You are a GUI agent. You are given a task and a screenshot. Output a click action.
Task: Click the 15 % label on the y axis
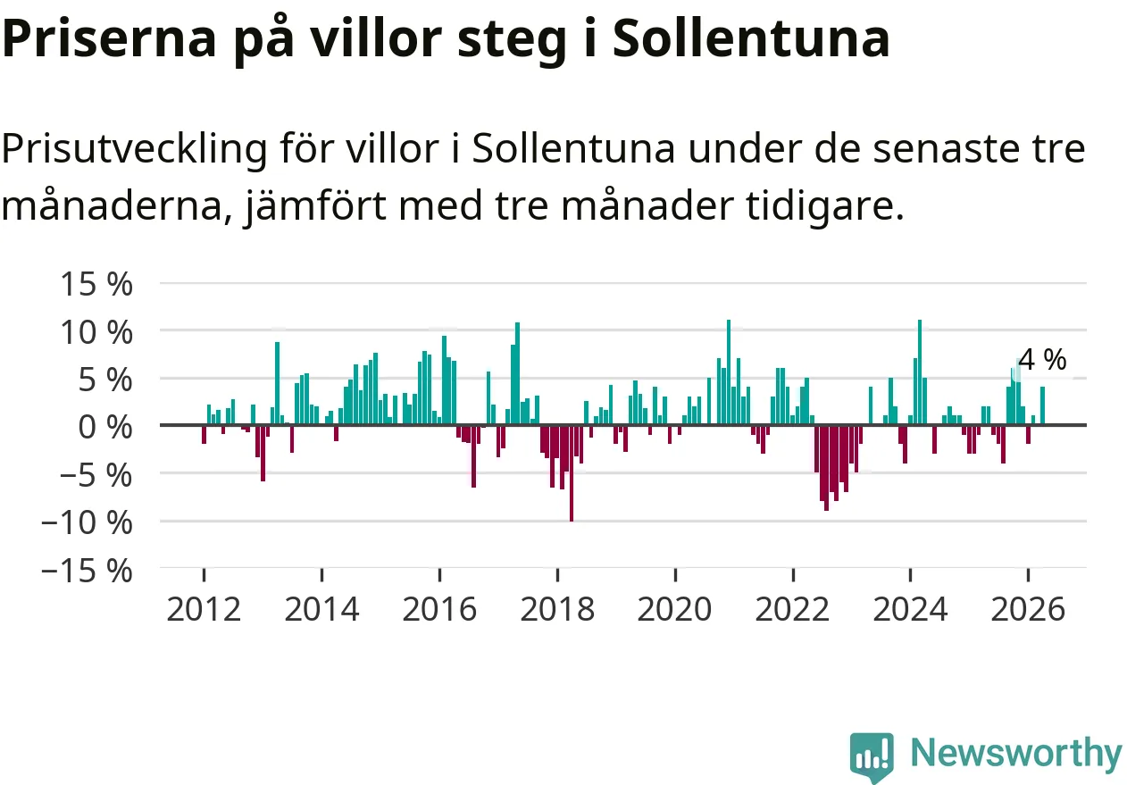96,284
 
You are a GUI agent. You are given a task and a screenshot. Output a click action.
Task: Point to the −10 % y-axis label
87,522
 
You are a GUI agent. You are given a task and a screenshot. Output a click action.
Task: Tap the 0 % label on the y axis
105,428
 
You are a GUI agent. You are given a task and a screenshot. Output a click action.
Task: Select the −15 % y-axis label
87,572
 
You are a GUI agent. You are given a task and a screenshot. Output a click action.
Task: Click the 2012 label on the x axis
204,610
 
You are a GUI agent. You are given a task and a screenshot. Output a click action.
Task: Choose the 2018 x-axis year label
557,610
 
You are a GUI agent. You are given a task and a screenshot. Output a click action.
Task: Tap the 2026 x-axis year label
1029,610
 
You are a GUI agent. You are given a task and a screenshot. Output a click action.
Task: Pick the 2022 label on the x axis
792,610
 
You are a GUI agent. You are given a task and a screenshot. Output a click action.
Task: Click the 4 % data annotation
1042,360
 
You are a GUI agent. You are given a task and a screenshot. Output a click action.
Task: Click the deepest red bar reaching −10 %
572,473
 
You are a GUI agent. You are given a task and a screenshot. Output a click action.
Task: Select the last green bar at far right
1042,405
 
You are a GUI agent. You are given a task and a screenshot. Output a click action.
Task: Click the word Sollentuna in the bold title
751,39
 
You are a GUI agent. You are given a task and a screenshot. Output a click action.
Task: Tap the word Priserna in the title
109,39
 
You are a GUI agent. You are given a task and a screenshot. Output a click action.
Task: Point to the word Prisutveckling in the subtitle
134,150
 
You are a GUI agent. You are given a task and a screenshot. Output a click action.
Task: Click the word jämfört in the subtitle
315,206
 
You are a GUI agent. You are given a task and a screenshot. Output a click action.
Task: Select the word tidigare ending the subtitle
825,206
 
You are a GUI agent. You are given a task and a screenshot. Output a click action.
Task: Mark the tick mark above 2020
675,574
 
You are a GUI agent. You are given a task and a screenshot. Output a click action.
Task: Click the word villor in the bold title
375,39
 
